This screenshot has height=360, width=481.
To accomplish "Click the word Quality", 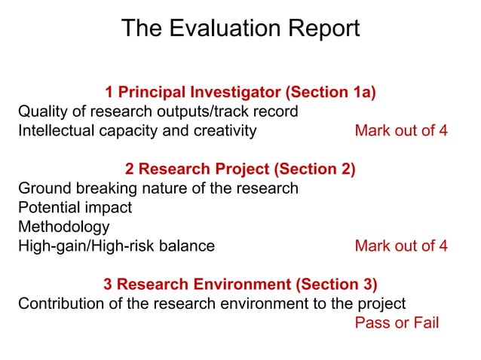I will (x=44, y=111).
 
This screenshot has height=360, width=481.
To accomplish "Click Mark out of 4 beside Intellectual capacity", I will (x=400, y=130).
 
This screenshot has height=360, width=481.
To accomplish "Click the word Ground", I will (x=42, y=188).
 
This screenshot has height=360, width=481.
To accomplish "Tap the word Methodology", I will (x=63, y=226).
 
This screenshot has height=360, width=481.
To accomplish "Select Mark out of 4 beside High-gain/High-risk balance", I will (x=400, y=246).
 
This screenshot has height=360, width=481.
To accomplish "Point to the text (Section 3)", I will (x=337, y=285).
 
